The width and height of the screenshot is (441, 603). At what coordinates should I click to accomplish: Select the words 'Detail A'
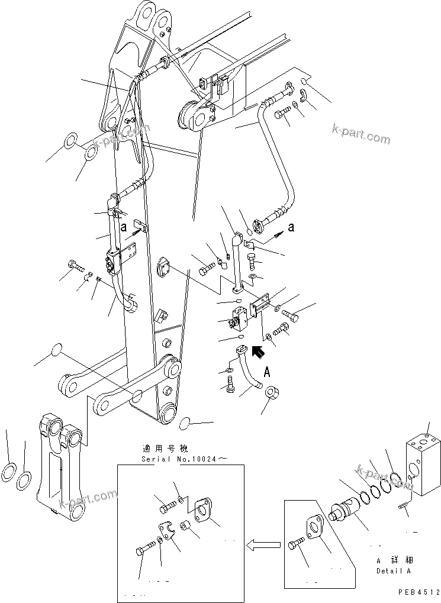(393, 571)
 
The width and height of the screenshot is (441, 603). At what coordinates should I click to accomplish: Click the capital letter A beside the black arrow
(266, 372)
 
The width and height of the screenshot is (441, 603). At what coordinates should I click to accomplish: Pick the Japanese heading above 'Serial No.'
(167, 448)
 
